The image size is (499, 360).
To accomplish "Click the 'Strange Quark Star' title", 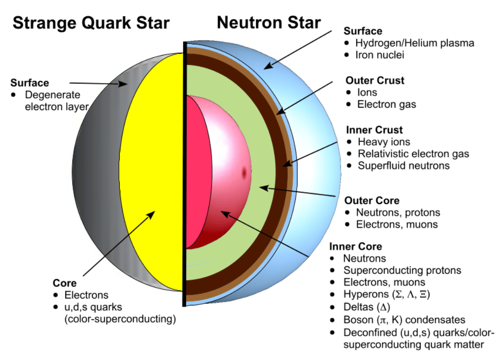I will pyautogui.click(x=91, y=22).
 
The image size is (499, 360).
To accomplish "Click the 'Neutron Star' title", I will pyautogui.click(x=269, y=22).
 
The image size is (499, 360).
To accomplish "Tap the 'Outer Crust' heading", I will pyautogui.click(x=374, y=80).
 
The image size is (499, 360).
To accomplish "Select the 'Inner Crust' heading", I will pyautogui.click(x=374, y=130).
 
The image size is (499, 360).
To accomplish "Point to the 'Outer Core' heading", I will pyautogui.click(x=372, y=201).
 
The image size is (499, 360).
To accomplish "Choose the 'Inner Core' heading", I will pyautogui.click(x=355, y=246).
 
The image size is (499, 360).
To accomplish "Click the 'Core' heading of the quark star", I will pyautogui.click(x=64, y=284).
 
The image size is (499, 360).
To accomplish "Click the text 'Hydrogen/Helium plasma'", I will pyautogui.click(x=415, y=43).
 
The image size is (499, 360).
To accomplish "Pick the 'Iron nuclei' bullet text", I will pyautogui.click(x=380, y=55).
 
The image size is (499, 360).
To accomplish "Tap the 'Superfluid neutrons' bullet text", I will pyautogui.click(x=403, y=166).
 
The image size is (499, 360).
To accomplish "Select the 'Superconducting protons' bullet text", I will pyautogui.click(x=402, y=270).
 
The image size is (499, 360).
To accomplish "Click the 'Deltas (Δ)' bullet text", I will pyautogui.click(x=367, y=307).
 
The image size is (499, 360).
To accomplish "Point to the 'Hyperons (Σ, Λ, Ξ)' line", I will pyautogui.click(x=387, y=295).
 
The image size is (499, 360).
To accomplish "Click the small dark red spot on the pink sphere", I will pyautogui.click(x=243, y=173).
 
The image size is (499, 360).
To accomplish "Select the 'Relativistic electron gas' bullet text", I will pyautogui.click(x=413, y=153).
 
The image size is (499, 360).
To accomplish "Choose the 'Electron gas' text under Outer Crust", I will pyautogui.click(x=387, y=104).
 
